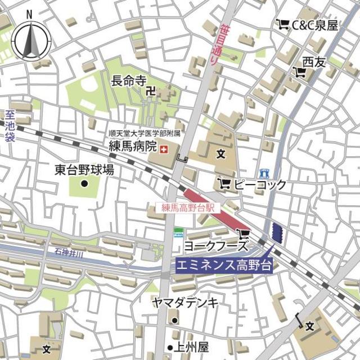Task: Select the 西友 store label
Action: (x=314, y=62)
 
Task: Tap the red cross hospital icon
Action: (x=164, y=149)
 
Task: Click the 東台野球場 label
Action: (x=84, y=169)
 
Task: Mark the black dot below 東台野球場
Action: (x=84, y=183)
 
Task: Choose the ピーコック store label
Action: (x=260, y=184)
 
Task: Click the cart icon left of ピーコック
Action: (x=224, y=183)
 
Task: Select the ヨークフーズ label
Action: (x=216, y=246)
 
